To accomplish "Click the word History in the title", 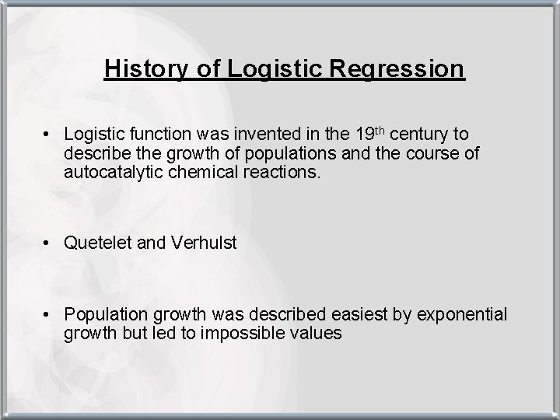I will pyautogui.click(x=143, y=68).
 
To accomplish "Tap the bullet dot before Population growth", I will pyautogui.click(x=48, y=315).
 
